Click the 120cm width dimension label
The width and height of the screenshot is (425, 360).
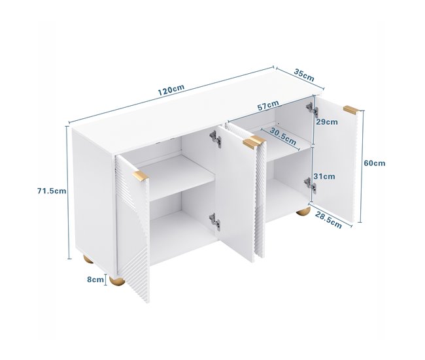pos(171,90)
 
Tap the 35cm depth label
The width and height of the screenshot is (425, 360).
pos(304,76)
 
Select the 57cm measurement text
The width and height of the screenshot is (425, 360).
pos(268,105)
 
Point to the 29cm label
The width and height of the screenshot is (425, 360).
pos(327,122)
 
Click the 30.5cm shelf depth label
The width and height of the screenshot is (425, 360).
pos(283,136)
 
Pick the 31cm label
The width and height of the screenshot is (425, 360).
pos(324,176)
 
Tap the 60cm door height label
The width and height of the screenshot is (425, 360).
pos(374,163)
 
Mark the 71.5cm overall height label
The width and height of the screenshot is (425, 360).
pos(52,191)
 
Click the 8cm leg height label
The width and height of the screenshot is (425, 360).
pos(95,279)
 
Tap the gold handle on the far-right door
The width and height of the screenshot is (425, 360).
pos(351,109)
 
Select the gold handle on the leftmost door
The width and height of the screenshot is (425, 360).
pos(141,175)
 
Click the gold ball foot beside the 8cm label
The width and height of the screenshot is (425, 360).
pos(117,280)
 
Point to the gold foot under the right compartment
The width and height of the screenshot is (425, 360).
pos(303,211)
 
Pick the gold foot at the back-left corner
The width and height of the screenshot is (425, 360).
pos(88,260)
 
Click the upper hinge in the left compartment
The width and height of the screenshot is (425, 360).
pos(216,139)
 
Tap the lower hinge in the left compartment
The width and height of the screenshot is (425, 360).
pos(214,221)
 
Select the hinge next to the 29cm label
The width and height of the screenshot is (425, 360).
pos(312,109)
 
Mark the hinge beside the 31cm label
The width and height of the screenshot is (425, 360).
pos(311,185)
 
